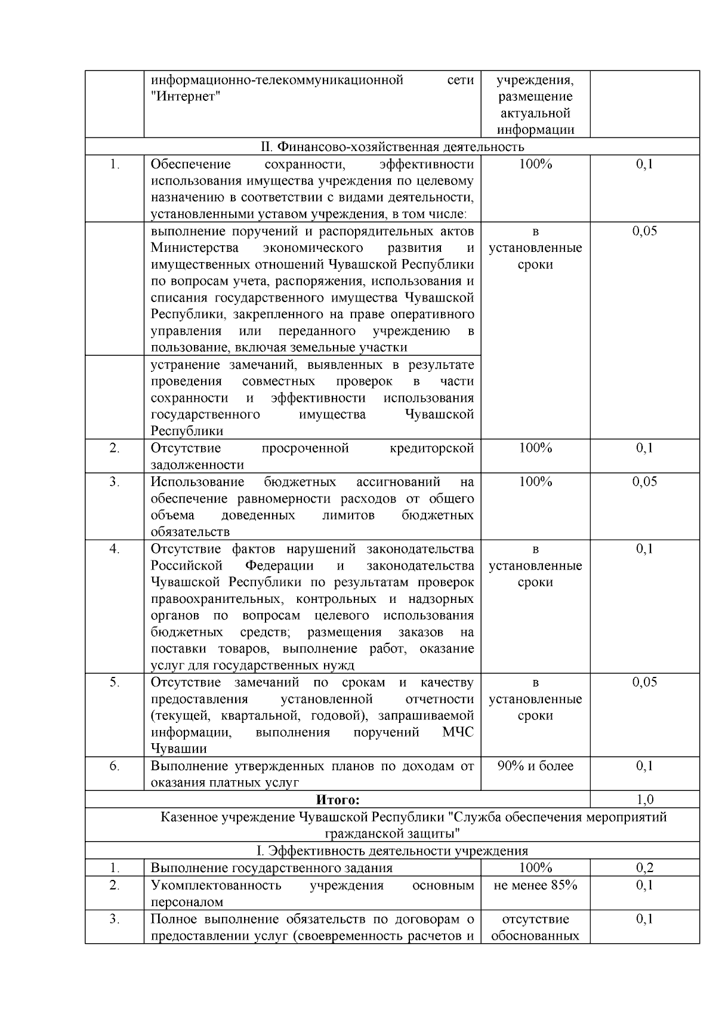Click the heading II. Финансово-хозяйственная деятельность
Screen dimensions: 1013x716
[x=392, y=147]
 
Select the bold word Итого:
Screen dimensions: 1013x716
[x=338, y=799]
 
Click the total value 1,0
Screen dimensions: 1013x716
[x=644, y=799]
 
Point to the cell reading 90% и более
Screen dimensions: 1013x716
[x=535, y=766]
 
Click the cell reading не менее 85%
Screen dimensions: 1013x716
[x=535, y=885]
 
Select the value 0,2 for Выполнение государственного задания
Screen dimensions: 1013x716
[x=644, y=868]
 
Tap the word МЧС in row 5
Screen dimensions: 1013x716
[x=458, y=732]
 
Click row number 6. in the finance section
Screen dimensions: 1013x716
[x=115, y=766]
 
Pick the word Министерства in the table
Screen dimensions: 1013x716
[x=195, y=248]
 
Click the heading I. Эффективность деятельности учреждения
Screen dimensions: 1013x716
[x=392, y=851]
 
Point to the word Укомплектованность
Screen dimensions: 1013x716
[x=215, y=885]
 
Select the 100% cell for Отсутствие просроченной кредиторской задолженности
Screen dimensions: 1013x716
[x=535, y=448]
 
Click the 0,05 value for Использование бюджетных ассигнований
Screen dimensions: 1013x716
[x=644, y=482]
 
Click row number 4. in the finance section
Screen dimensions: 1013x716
[x=115, y=549]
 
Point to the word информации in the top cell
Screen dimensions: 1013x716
[x=535, y=130]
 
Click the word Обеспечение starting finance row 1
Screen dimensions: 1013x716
[x=190, y=164]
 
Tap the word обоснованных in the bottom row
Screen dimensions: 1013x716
[x=535, y=935]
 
